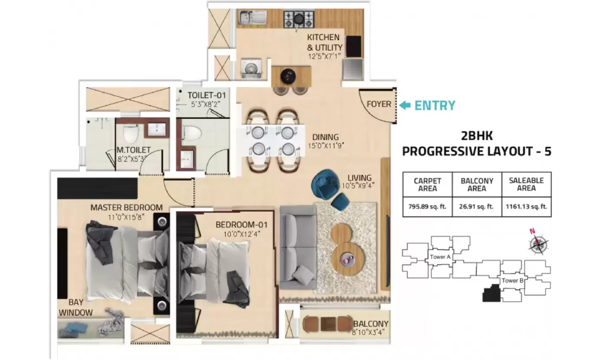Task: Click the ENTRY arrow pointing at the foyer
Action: (405, 105)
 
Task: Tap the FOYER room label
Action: (379, 104)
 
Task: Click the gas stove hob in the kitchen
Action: (299, 19)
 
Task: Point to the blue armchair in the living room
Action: (325, 184)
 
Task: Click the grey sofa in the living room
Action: (298, 247)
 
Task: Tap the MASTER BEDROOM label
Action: (127, 208)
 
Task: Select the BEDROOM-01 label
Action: (241, 224)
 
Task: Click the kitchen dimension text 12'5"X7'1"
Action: (324, 56)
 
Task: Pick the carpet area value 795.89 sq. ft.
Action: (427, 206)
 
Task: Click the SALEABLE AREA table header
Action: (526, 184)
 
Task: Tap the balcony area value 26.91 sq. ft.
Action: (477, 206)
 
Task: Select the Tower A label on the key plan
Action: (440, 257)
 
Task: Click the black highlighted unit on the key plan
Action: (491, 294)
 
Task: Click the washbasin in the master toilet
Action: (156, 130)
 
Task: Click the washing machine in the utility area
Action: (251, 68)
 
